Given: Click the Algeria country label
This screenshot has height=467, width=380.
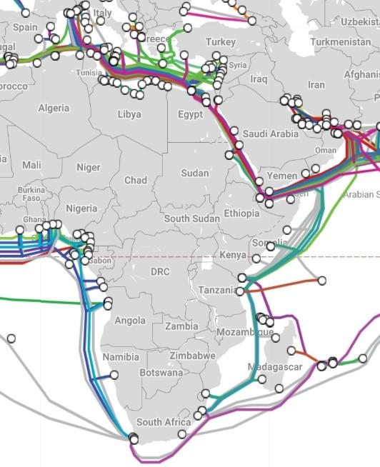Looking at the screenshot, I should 54,108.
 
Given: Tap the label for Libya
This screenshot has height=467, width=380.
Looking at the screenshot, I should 129,114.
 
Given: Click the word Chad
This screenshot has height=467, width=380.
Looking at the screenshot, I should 136,180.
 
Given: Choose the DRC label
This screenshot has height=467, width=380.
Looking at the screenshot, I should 161,271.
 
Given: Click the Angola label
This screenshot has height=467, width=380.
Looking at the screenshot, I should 130,321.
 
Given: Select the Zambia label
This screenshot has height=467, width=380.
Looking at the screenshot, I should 181,326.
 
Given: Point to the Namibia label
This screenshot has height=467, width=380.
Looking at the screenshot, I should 121,356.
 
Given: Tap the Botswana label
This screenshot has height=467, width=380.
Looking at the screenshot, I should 161,372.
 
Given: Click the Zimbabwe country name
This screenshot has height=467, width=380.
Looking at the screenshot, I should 192,355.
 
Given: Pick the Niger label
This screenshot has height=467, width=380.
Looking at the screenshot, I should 89,167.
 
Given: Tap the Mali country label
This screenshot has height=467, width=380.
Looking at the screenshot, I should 31,165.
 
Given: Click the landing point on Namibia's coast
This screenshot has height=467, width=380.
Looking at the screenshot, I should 114,374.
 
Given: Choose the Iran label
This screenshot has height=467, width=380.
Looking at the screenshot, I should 316,84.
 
